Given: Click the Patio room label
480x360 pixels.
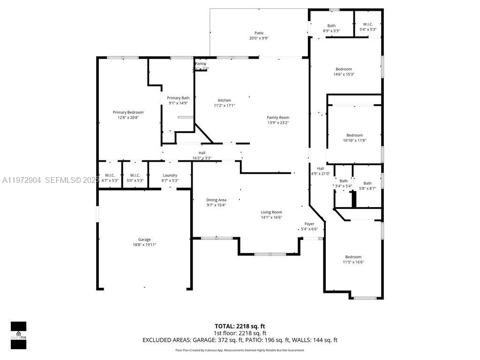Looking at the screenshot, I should (x=259, y=33).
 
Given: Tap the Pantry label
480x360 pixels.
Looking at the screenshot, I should (x=200, y=63).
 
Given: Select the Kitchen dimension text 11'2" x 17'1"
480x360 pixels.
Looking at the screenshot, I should (x=224, y=105).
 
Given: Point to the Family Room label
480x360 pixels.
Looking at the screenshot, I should (x=278, y=117).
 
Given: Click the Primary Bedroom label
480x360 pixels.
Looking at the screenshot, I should (x=128, y=112).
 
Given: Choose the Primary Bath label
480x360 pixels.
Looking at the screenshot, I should (x=178, y=97).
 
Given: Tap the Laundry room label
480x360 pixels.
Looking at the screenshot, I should (x=170, y=175).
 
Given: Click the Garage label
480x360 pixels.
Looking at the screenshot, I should (x=144, y=239).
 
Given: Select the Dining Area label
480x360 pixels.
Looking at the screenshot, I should (x=216, y=200).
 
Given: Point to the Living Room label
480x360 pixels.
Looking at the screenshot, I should (x=271, y=212).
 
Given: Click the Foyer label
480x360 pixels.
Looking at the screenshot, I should (x=309, y=224).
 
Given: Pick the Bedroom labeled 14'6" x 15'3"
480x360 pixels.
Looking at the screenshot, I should (x=344, y=69).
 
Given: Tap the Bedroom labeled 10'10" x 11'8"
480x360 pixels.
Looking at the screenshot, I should (x=354, y=135).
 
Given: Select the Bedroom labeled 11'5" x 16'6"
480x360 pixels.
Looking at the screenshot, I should (x=353, y=256).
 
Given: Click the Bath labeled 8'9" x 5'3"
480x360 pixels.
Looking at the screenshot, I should (x=331, y=26).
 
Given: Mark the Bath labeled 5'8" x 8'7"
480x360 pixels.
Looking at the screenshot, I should (x=367, y=183).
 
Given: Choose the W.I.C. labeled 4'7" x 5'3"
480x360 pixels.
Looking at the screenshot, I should (x=110, y=175).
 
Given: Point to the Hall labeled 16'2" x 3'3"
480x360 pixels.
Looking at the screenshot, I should (x=202, y=152).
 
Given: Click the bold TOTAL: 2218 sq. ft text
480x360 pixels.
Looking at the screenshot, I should (x=240, y=326).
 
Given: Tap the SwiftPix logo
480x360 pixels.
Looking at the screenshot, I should (x=19, y=336).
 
